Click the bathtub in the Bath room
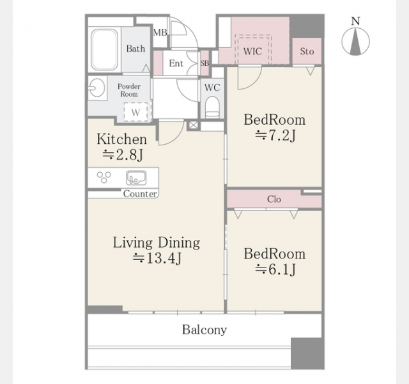tap(104, 49)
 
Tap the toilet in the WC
tap(212, 107)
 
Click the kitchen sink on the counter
tap(136, 178)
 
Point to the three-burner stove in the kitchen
tap(104, 177)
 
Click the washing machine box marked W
tap(135, 112)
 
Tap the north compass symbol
tap(355, 36)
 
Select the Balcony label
tap(204, 330)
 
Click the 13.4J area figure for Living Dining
tap(157, 259)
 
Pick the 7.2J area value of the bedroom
tap(275, 136)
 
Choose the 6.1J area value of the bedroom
tap(275, 269)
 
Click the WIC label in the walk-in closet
tap(252, 51)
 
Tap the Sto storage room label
tap(307, 51)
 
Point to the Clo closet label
tap(274, 199)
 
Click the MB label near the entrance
tap(160, 33)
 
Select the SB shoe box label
tap(204, 63)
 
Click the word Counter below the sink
tap(140, 194)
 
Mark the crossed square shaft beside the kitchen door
tap(193, 125)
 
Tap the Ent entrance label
tap(176, 63)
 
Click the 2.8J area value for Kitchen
tap(123, 155)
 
